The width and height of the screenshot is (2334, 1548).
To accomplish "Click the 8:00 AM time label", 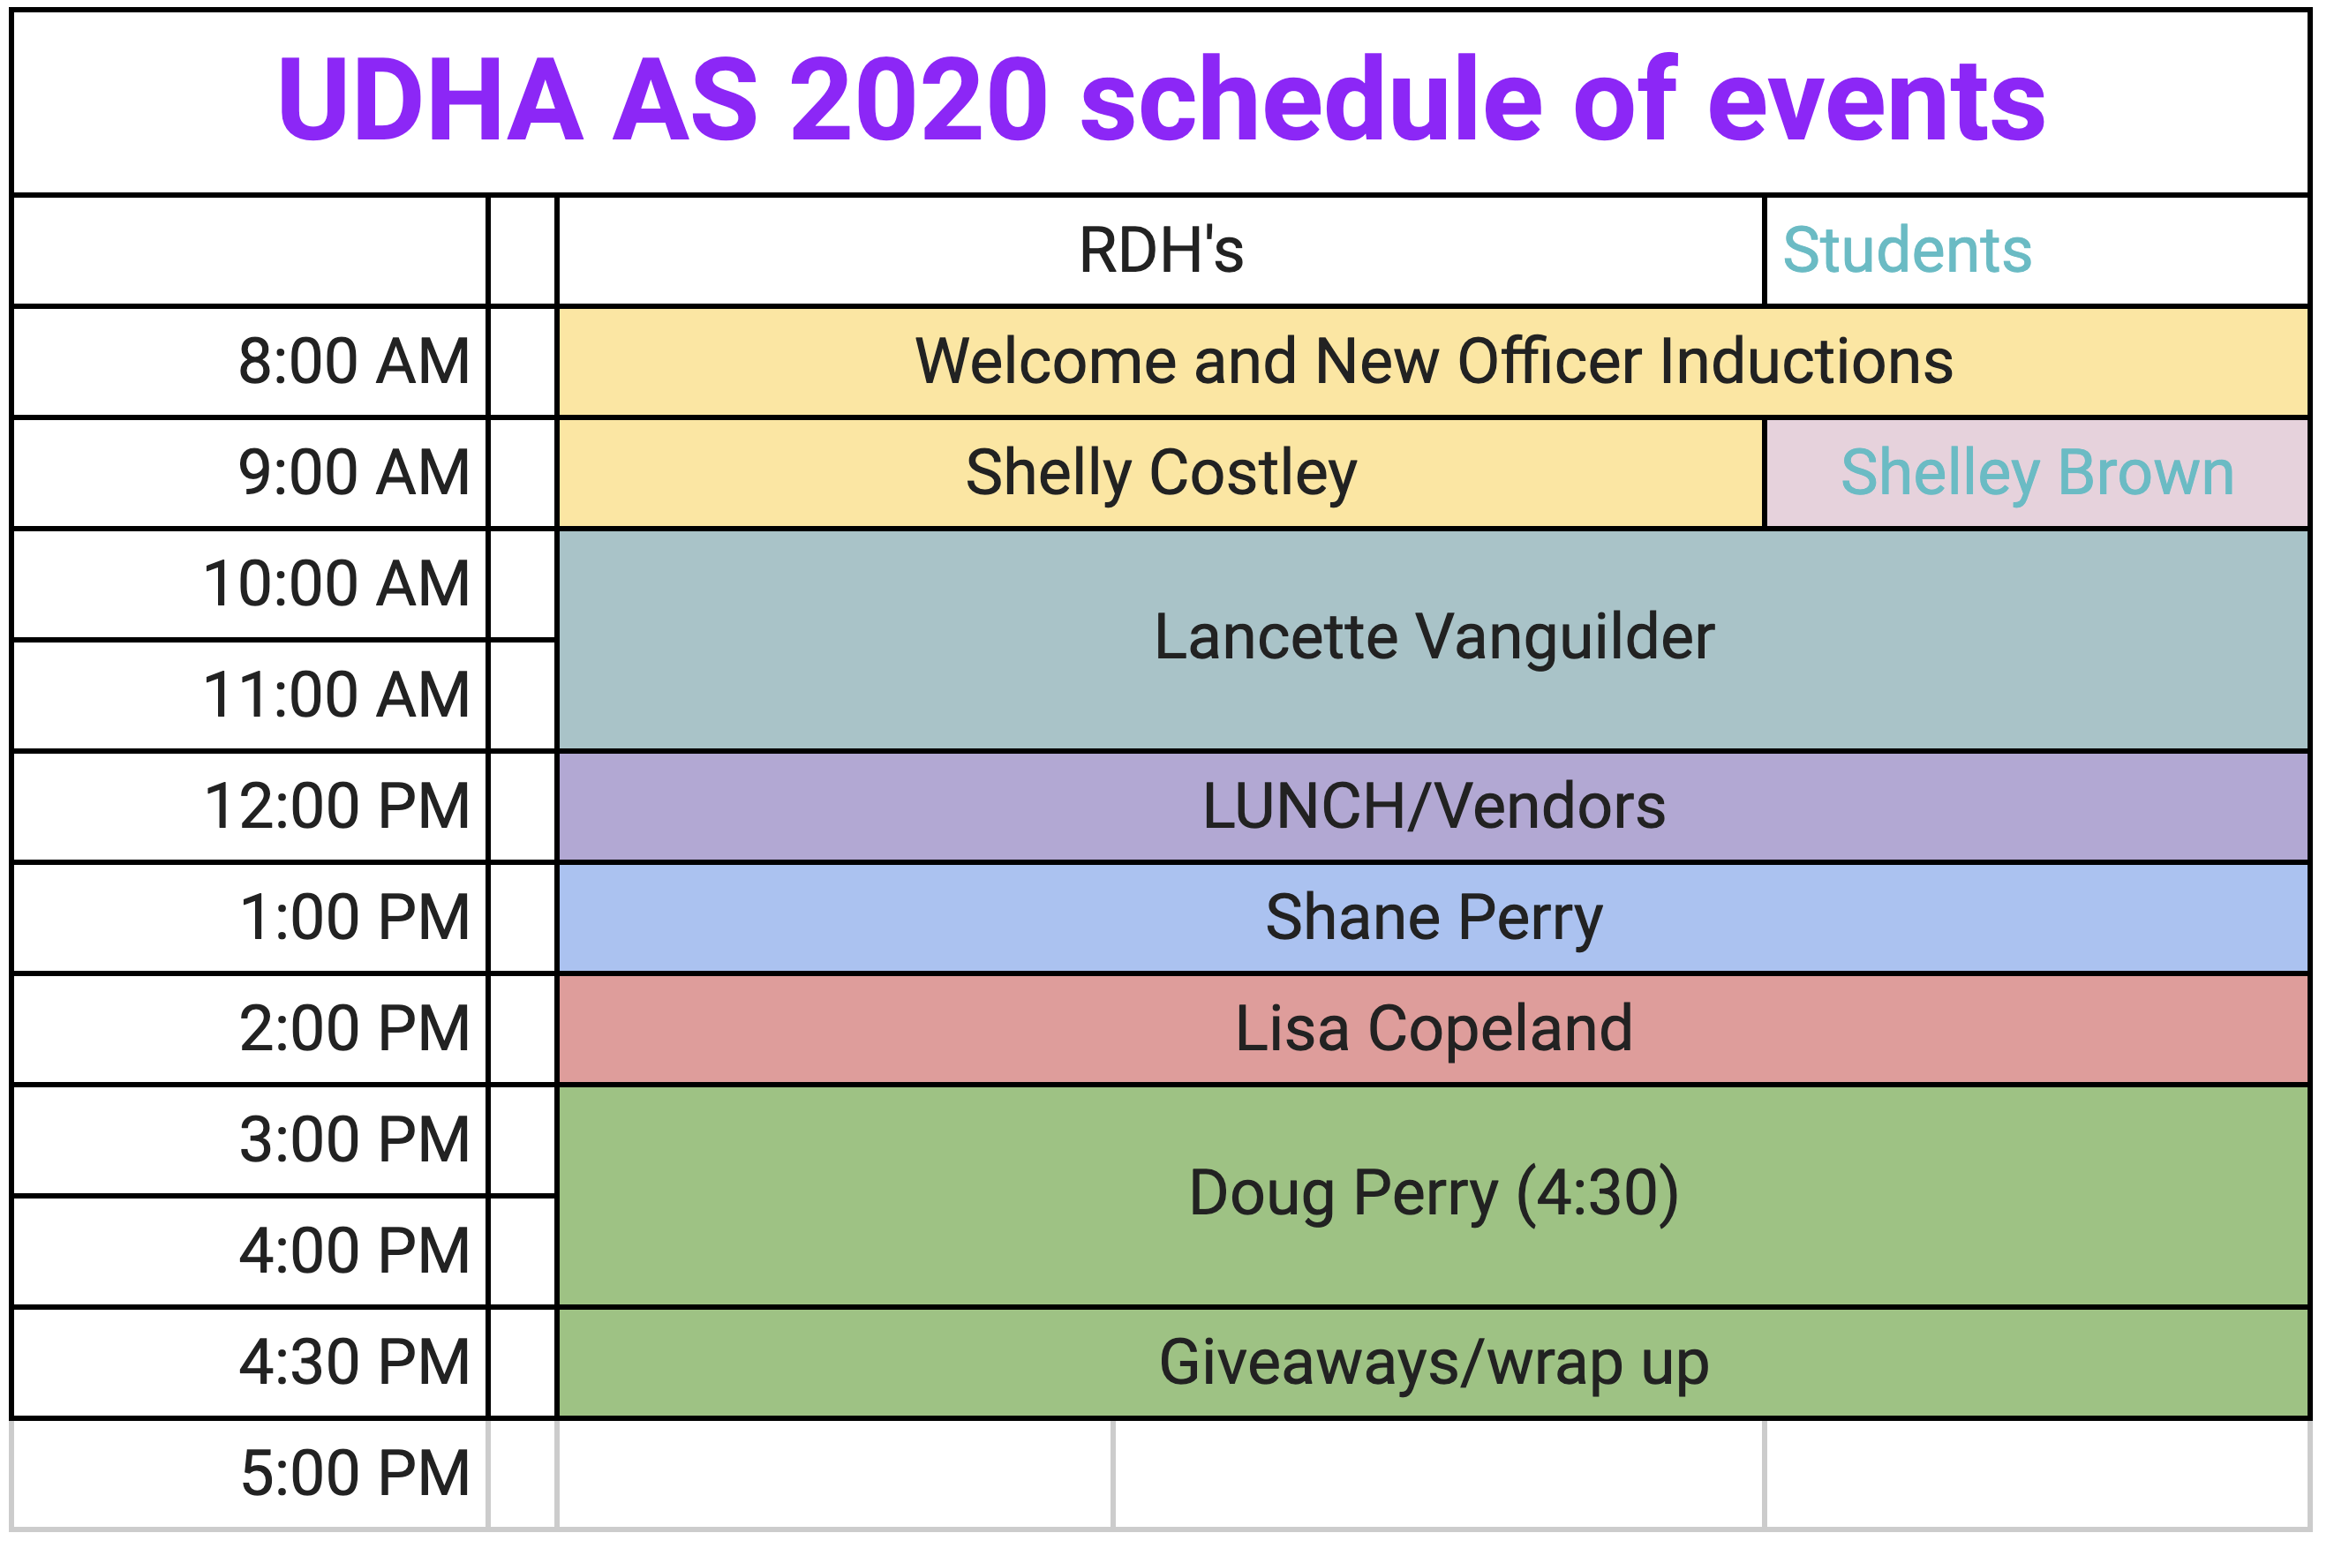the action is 353,361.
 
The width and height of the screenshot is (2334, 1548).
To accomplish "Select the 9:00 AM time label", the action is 353,472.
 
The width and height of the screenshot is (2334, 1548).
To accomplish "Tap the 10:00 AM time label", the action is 335,583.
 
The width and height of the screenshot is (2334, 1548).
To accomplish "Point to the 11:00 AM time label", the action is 335,695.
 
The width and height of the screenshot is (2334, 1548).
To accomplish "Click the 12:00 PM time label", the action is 335,807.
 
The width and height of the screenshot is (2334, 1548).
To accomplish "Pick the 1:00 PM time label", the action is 353,918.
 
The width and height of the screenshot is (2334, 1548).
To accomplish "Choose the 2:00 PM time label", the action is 353,1029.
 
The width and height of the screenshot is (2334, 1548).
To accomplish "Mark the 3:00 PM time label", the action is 353,1140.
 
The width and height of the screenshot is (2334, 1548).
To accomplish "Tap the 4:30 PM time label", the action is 353,1364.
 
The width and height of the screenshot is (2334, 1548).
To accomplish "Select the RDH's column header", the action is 1161,250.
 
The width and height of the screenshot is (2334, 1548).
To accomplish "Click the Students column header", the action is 1908,250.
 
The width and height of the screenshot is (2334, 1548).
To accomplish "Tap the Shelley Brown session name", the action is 2037,473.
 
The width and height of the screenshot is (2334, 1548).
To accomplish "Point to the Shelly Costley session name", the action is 1161,473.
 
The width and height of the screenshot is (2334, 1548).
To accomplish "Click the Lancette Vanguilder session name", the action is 1434,638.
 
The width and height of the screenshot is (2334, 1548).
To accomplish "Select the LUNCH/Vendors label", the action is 1434,807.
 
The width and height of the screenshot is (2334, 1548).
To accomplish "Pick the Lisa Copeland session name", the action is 1434,1030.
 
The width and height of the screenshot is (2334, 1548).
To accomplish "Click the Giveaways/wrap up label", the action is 1434,1364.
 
